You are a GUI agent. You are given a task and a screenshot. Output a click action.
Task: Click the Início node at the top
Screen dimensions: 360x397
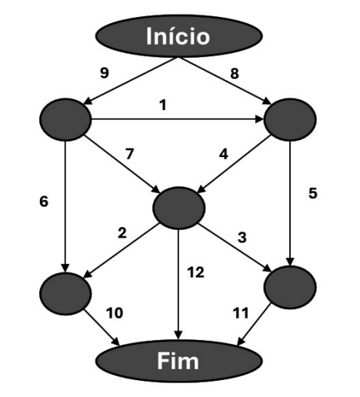[179, 36]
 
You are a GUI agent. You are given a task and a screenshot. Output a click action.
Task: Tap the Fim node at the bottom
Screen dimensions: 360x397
[179, 361]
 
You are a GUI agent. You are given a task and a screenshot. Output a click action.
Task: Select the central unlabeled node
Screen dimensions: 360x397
[179, 208]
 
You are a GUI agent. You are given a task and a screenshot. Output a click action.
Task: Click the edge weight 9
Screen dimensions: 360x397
[104, 73]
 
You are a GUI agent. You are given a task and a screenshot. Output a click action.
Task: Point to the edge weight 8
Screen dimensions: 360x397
[235, 73]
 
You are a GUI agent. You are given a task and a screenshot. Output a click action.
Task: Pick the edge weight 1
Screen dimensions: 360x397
[163, 105]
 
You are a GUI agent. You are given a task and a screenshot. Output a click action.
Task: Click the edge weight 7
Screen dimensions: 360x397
[129, 154]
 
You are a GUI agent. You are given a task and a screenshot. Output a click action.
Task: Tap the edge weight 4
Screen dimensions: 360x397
[224, 155]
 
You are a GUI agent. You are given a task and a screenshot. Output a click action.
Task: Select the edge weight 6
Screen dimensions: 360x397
[44, 202]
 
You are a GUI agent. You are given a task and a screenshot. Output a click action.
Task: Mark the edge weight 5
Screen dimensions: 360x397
[313, 193]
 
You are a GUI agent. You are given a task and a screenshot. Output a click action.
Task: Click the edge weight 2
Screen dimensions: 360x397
[122, 233]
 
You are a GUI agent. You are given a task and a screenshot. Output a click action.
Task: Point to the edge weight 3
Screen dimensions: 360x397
[242, 237]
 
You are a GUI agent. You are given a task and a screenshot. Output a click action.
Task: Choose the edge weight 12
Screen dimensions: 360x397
[195, 272]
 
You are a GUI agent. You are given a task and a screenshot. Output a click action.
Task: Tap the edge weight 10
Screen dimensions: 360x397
[115, 313]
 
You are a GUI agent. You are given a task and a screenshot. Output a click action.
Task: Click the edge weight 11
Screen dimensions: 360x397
[241, 313]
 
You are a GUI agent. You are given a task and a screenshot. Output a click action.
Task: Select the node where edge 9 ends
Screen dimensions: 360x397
[65, 119]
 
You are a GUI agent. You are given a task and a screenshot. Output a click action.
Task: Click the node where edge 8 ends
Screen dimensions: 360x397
[290, 119]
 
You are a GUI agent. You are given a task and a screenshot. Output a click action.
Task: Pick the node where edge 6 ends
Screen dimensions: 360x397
[65, 294]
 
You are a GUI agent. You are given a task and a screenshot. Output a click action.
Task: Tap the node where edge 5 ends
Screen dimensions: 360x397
[290, 287]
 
